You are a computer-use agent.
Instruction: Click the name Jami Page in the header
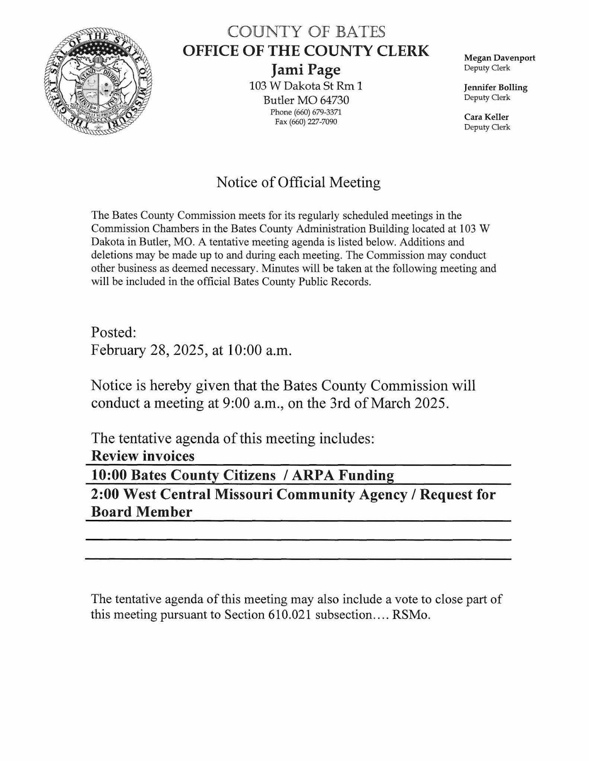coord(306,70)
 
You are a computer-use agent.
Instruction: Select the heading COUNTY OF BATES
coord(306,32)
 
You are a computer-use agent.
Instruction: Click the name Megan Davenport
coord(499,58)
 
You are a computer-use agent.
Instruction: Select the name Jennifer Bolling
coord(496,88)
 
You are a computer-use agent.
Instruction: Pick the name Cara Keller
coord(486,117)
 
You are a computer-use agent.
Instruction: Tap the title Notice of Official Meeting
coord(299,182)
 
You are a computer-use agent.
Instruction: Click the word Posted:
coord(114,332)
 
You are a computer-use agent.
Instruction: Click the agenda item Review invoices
coord(143,456)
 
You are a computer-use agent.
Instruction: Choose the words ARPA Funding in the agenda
coord(343,475)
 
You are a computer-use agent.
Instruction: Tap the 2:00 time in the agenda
coord(105,495)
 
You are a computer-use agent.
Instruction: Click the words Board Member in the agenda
coord(141,512)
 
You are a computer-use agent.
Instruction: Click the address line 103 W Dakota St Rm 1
coord(306,86)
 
